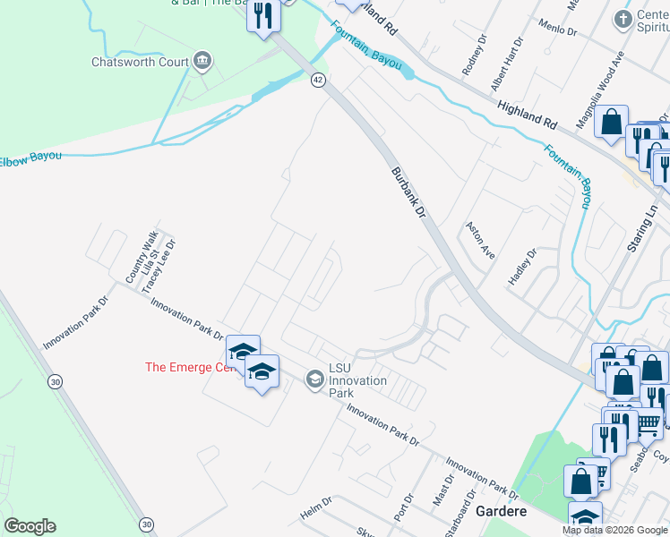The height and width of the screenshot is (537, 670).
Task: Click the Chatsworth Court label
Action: tap(140, 62)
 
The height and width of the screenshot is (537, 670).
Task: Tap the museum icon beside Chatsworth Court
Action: tap(202, 61)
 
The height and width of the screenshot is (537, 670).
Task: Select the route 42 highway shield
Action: tap(318, 80)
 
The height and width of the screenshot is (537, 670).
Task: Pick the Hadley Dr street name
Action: tap(521, 267)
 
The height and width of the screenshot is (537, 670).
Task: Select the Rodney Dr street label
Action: tap(472, 59)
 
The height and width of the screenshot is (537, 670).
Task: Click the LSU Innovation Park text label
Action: tap(357, 380)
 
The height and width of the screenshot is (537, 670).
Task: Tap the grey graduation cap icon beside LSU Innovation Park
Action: tap(314, 380)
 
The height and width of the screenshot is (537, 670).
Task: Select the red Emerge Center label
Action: tap(190, 367)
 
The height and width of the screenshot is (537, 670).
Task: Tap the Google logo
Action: tap(30, 526)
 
